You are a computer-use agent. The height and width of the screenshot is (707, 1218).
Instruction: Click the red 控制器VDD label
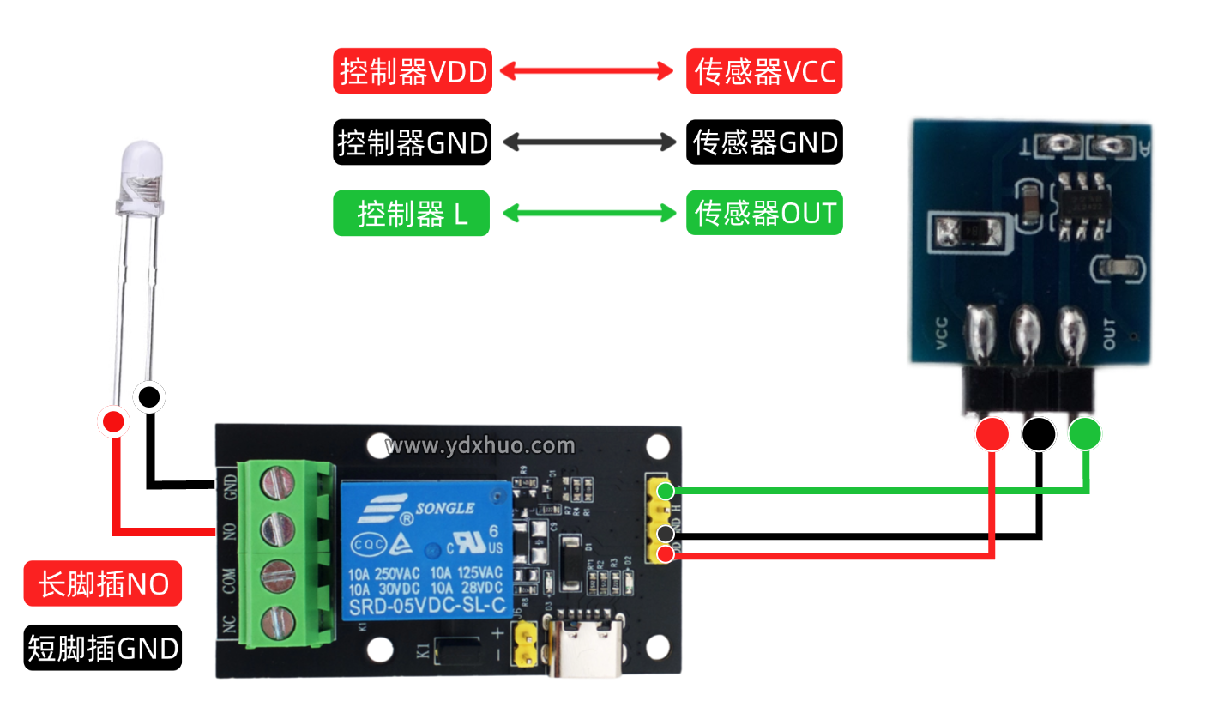412,71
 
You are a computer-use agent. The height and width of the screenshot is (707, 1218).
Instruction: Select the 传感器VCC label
764,71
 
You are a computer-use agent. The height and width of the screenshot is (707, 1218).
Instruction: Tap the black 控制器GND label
412,142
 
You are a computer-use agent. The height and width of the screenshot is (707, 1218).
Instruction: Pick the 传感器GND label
764,142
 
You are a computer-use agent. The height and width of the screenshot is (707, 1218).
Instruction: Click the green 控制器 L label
412,213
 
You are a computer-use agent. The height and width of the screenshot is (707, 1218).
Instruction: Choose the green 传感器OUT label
764,213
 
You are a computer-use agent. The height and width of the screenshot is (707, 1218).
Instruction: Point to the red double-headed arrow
588,71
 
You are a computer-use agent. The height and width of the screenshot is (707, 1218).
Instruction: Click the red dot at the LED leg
112,421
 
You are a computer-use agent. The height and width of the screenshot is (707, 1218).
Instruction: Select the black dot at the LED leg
149,396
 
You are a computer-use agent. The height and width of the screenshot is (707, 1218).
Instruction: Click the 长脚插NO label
103,585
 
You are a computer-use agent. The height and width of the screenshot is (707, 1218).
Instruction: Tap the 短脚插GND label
103,648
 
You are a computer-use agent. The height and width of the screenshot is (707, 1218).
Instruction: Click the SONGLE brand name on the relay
444,508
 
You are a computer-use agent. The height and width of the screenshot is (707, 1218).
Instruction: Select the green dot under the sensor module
1084,434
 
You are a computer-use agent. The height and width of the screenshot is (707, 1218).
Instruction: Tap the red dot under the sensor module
992,434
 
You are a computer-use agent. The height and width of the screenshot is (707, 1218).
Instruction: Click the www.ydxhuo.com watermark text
480,445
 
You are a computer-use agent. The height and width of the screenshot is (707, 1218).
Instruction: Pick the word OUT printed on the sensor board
1109,334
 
